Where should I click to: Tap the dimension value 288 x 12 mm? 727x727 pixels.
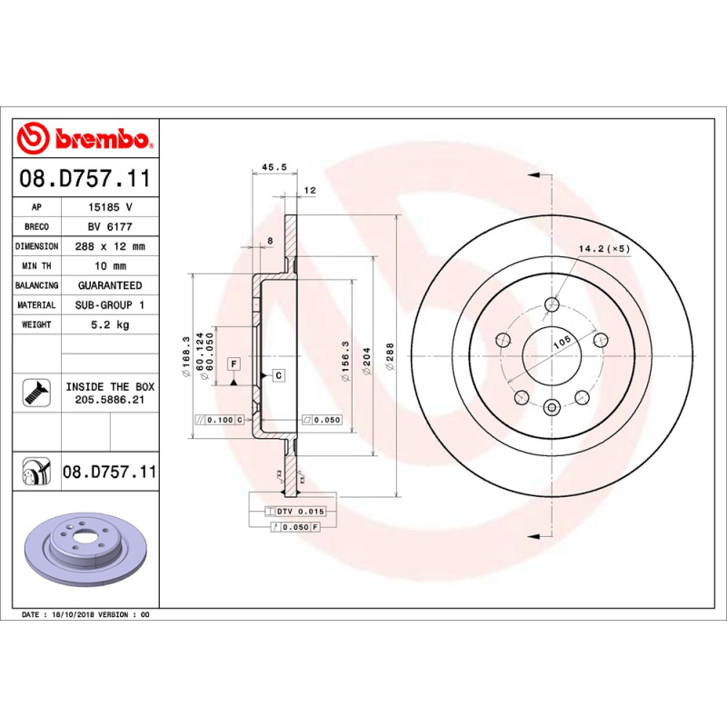pyautogui.click(x=110, y=246)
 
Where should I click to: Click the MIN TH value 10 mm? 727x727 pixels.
pyautogui.click(x=110, y=266)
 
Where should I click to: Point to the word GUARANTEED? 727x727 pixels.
pyautogui.click(x=110, y=285)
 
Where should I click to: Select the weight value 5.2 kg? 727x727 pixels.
pyautogui.click(x=110, y=324)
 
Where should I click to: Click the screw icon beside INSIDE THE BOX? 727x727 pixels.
pyautogui.click(x=35, y=392)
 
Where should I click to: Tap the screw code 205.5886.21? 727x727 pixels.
pyautogui.click(x=110, y=400)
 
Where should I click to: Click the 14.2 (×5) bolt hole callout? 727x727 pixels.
pyautogui.click(x=604, y=248)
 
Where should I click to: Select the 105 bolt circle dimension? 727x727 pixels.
pyautogui.click(x=562, y=341)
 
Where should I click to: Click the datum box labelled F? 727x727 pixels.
pyautogui.click(x=234, y=363)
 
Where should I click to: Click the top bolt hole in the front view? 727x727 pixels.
pyautogui.click(x=552, y=304)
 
